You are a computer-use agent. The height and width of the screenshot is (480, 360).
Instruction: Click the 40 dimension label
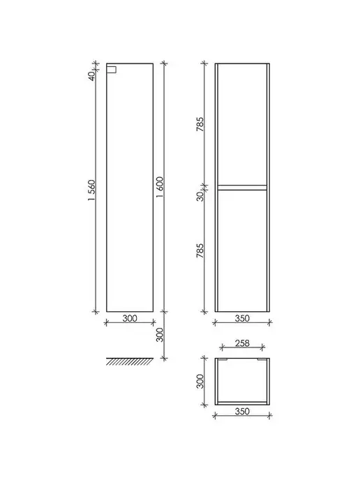point(91,75)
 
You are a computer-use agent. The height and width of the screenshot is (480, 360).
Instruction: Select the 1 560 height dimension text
point(91,190)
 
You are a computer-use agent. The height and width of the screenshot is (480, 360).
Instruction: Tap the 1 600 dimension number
point(160,187)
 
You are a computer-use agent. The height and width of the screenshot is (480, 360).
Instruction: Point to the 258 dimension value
point(242,343)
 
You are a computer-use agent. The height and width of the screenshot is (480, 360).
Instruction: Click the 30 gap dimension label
point(200,197)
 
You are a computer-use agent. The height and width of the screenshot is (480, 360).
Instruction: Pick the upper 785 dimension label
point(200,124)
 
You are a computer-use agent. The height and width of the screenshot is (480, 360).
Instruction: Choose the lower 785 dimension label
point(200,250)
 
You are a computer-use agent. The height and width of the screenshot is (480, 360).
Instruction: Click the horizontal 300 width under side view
point(130,318)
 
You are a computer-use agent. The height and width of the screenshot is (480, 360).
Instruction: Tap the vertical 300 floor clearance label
point(160,335)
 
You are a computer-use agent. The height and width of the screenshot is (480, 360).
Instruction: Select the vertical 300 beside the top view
point(200,381)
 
